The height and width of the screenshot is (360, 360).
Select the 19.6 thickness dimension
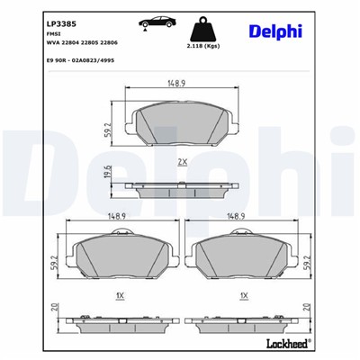point(108,173)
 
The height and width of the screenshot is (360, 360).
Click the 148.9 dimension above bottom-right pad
point(238,217)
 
